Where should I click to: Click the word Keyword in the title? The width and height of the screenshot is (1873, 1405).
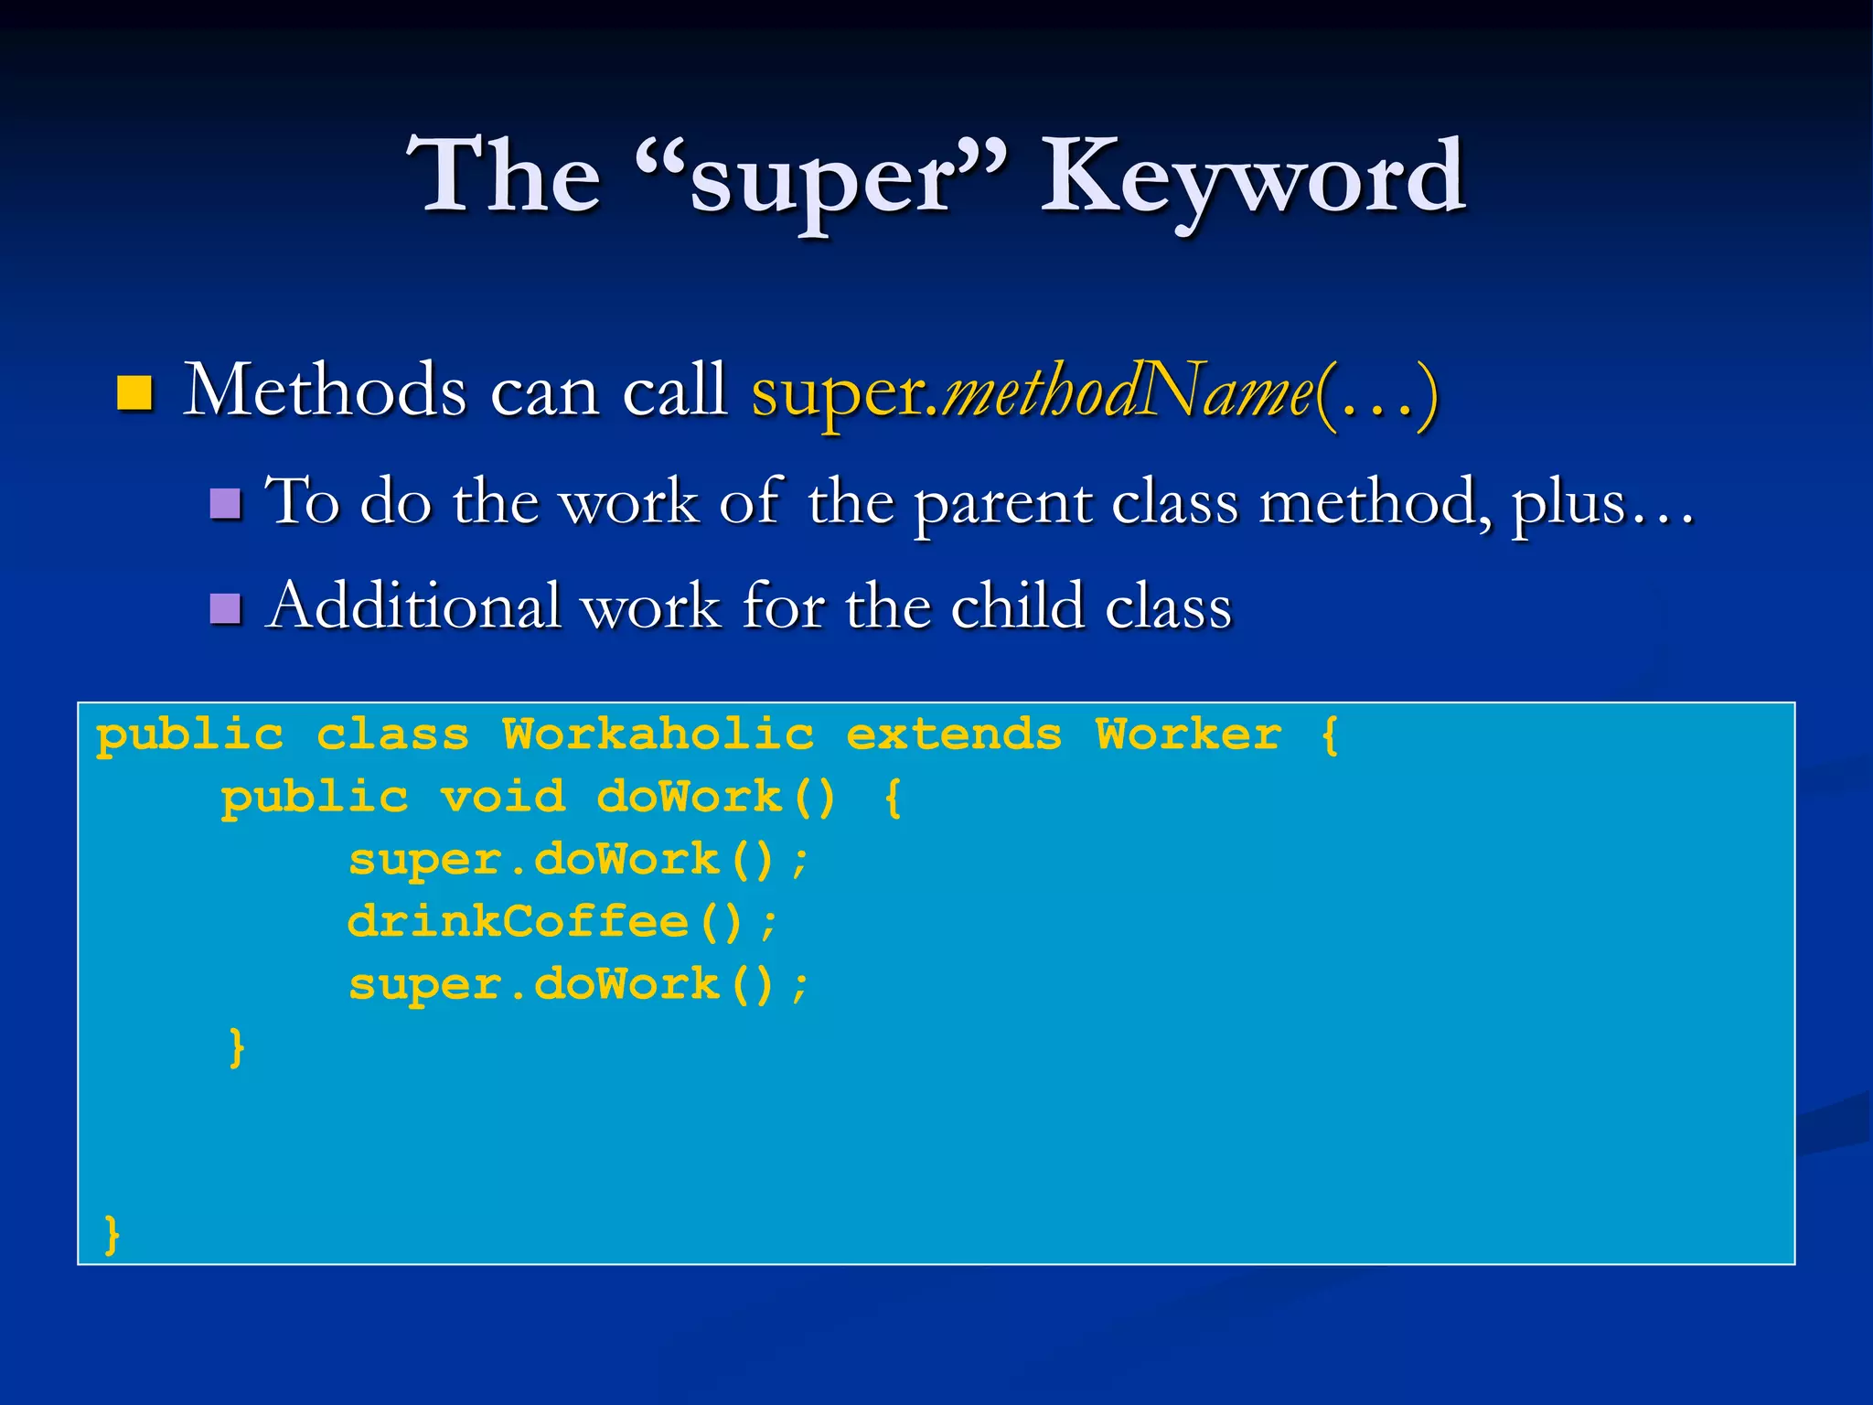tap(1253, 176)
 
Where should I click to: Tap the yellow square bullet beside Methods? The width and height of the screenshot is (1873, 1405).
tap(134, 393)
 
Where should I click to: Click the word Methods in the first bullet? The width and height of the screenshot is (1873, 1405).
tap(325, 391)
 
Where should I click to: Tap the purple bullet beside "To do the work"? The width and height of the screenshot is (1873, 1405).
tap(225, 504)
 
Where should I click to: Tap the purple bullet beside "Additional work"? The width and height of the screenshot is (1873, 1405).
tap(225, 608)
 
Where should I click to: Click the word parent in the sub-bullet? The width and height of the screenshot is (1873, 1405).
tap(1003, 504)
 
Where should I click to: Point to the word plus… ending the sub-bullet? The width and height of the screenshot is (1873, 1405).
tap(1600, 504)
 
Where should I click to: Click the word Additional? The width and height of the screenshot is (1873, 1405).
tap(412, 606)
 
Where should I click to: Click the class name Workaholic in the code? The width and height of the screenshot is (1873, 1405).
tap(658, 735)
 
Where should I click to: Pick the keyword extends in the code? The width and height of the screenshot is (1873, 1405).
tap(954, 735)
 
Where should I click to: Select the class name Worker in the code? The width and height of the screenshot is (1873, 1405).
tap(1189, 735)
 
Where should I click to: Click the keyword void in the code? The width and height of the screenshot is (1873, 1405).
tap(503, 798)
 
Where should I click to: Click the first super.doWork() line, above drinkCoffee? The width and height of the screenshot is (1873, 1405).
tap(578, 860)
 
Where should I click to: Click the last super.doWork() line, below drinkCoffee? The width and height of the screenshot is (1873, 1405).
tap(578, 985)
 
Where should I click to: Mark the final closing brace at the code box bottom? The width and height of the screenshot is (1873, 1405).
tap(112, 1235)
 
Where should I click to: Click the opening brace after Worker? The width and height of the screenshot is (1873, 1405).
tap(1331, 735)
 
